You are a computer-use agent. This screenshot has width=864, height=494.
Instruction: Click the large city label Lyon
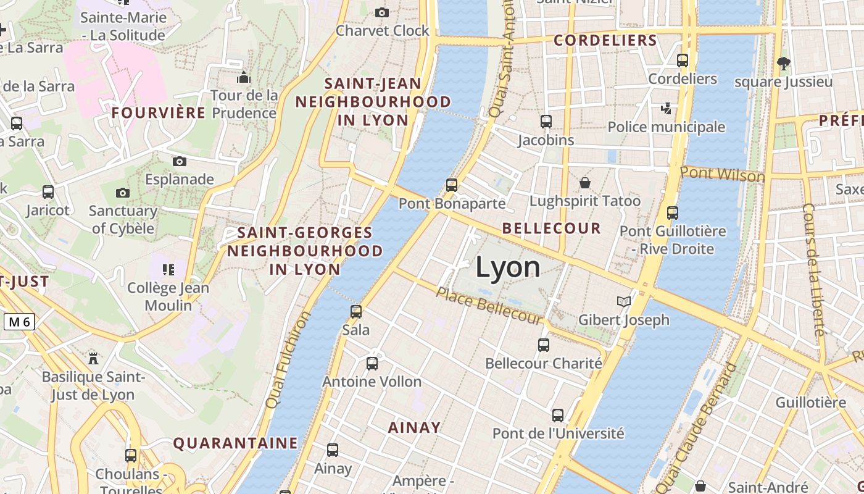click(x=508, y=267)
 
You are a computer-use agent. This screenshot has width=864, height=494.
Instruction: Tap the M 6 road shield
click(x=20, y=321)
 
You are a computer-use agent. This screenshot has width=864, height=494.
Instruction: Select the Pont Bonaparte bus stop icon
click(x=452, y=185)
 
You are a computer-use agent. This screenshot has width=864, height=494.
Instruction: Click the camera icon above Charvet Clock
click(x=382, y=12)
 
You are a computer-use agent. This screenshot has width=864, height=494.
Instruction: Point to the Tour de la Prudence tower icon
click(x=244, y=77)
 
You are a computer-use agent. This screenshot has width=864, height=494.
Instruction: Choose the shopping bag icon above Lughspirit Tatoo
click(x=584, y=183)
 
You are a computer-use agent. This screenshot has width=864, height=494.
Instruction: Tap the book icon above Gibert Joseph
click(x=624, y=301)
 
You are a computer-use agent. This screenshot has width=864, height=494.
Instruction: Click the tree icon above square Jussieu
click(x=784, y=62)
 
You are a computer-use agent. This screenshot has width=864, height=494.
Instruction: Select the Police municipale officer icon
click(x=666, y=109)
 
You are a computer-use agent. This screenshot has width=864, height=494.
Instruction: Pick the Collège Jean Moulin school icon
click(x=168, y=269)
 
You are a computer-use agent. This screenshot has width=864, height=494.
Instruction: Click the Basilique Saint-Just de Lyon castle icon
click(x=93, y=358)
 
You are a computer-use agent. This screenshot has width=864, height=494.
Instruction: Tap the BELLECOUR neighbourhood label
click(x=551, y=228)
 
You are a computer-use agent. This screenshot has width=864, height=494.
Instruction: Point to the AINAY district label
click(x=414, y=427)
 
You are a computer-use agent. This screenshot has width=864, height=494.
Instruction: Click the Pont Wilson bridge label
click(x=722, y=174)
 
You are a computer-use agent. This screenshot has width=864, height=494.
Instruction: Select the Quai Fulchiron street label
click(x=287, y=359)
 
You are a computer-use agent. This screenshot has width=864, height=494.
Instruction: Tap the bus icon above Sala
click(x=355, y=312)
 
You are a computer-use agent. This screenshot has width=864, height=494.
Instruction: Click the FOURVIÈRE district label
click(x=159, y=112)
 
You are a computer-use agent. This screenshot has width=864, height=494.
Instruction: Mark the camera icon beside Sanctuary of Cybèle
click(x=123, y=193)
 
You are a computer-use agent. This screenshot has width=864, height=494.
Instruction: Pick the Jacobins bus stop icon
click(x=546, y=121)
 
